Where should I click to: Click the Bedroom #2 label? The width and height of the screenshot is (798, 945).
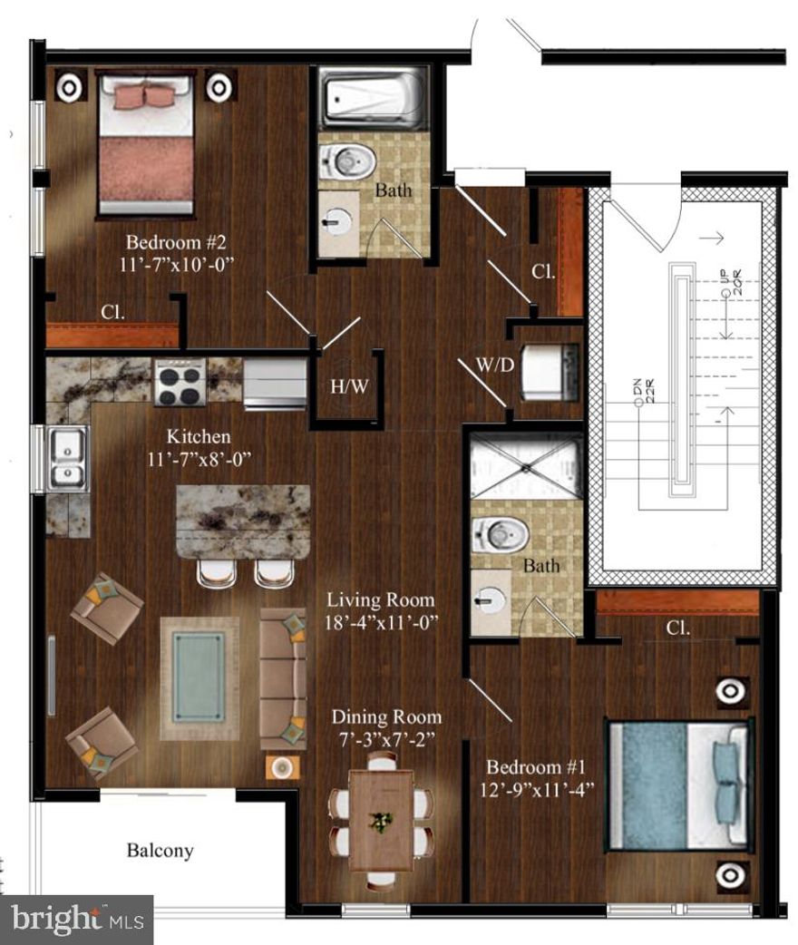pos(170,243)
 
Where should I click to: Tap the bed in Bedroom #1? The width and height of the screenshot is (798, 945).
pos(680,785)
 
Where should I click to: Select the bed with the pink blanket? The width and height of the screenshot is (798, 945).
pos(146,145)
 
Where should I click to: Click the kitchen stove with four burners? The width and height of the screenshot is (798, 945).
pos(179,383)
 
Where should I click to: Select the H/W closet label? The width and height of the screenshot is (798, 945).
pos(349,387)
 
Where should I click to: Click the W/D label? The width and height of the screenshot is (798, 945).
pos(495,366)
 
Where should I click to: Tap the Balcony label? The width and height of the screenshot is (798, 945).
pos(160,851)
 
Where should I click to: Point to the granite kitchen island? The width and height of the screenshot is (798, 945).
pos(242,521)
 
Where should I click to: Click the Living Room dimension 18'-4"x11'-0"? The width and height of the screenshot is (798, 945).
pos(381,623)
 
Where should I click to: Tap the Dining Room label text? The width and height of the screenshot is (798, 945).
pos(386,716)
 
